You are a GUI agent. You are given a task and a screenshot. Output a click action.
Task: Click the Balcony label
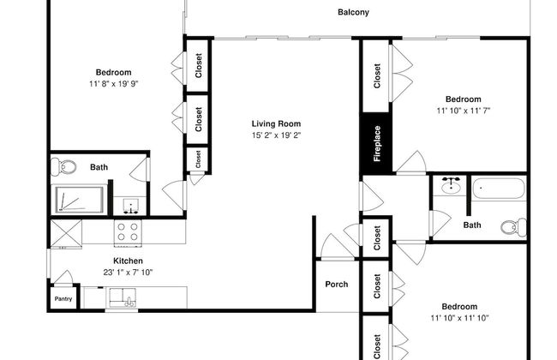(353, 12)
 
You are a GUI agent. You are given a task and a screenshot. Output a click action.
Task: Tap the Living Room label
(277, 123)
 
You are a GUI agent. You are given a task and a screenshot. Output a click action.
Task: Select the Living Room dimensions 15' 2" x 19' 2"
(277, 135)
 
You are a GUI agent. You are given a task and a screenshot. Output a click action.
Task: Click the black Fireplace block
(377, 143)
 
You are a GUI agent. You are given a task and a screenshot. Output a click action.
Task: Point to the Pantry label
(63, 299)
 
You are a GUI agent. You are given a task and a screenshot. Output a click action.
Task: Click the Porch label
(337, 285)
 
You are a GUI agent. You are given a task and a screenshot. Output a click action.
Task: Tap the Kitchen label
(128, 261)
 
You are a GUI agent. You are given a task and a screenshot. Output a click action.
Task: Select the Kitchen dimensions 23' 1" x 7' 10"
(128, 273)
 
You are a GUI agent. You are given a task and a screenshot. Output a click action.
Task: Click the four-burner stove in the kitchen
(128, 232)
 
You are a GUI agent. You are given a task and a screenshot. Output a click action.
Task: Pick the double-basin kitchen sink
(123, 297)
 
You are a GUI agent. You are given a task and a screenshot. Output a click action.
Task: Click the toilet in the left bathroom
(63, 166)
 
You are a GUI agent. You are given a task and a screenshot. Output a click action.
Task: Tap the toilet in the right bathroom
(513, 227)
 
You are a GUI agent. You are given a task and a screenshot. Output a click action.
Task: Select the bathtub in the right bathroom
(499, 189)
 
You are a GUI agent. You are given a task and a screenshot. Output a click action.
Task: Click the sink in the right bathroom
(451, 185)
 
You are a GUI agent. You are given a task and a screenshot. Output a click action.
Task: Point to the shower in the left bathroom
(79, 200)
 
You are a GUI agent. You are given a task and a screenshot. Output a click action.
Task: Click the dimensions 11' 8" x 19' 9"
(114, 84)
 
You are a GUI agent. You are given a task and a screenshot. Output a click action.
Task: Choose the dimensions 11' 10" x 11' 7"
(464, 111)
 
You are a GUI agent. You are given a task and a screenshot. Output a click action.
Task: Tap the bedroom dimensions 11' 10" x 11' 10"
(459, 318)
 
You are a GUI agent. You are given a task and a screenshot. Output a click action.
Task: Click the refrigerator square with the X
(66, 232)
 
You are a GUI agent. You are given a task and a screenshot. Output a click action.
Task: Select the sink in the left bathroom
(130, 206)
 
